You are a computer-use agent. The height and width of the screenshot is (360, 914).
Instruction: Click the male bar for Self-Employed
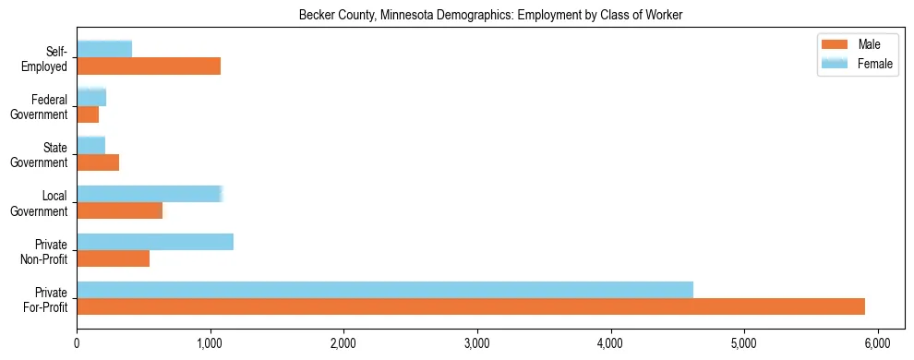[x=149, y=66]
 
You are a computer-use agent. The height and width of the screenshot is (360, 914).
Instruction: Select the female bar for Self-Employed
[x=104, y=49]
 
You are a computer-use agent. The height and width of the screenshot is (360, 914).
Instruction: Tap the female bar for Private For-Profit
[x=385, y=289]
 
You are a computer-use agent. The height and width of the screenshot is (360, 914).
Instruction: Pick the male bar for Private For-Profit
[x=471, y=306]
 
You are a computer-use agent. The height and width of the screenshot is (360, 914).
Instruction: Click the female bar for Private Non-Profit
[x=155, y=241]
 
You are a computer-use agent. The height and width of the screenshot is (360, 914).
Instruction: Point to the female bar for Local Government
[x=150, y=193]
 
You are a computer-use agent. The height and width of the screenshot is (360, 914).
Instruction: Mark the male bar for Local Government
[x=119, y=210]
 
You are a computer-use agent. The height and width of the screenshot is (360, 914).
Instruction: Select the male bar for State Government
[x=98, y=162]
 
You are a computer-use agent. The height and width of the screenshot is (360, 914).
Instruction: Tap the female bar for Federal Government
[x=91, y=97]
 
